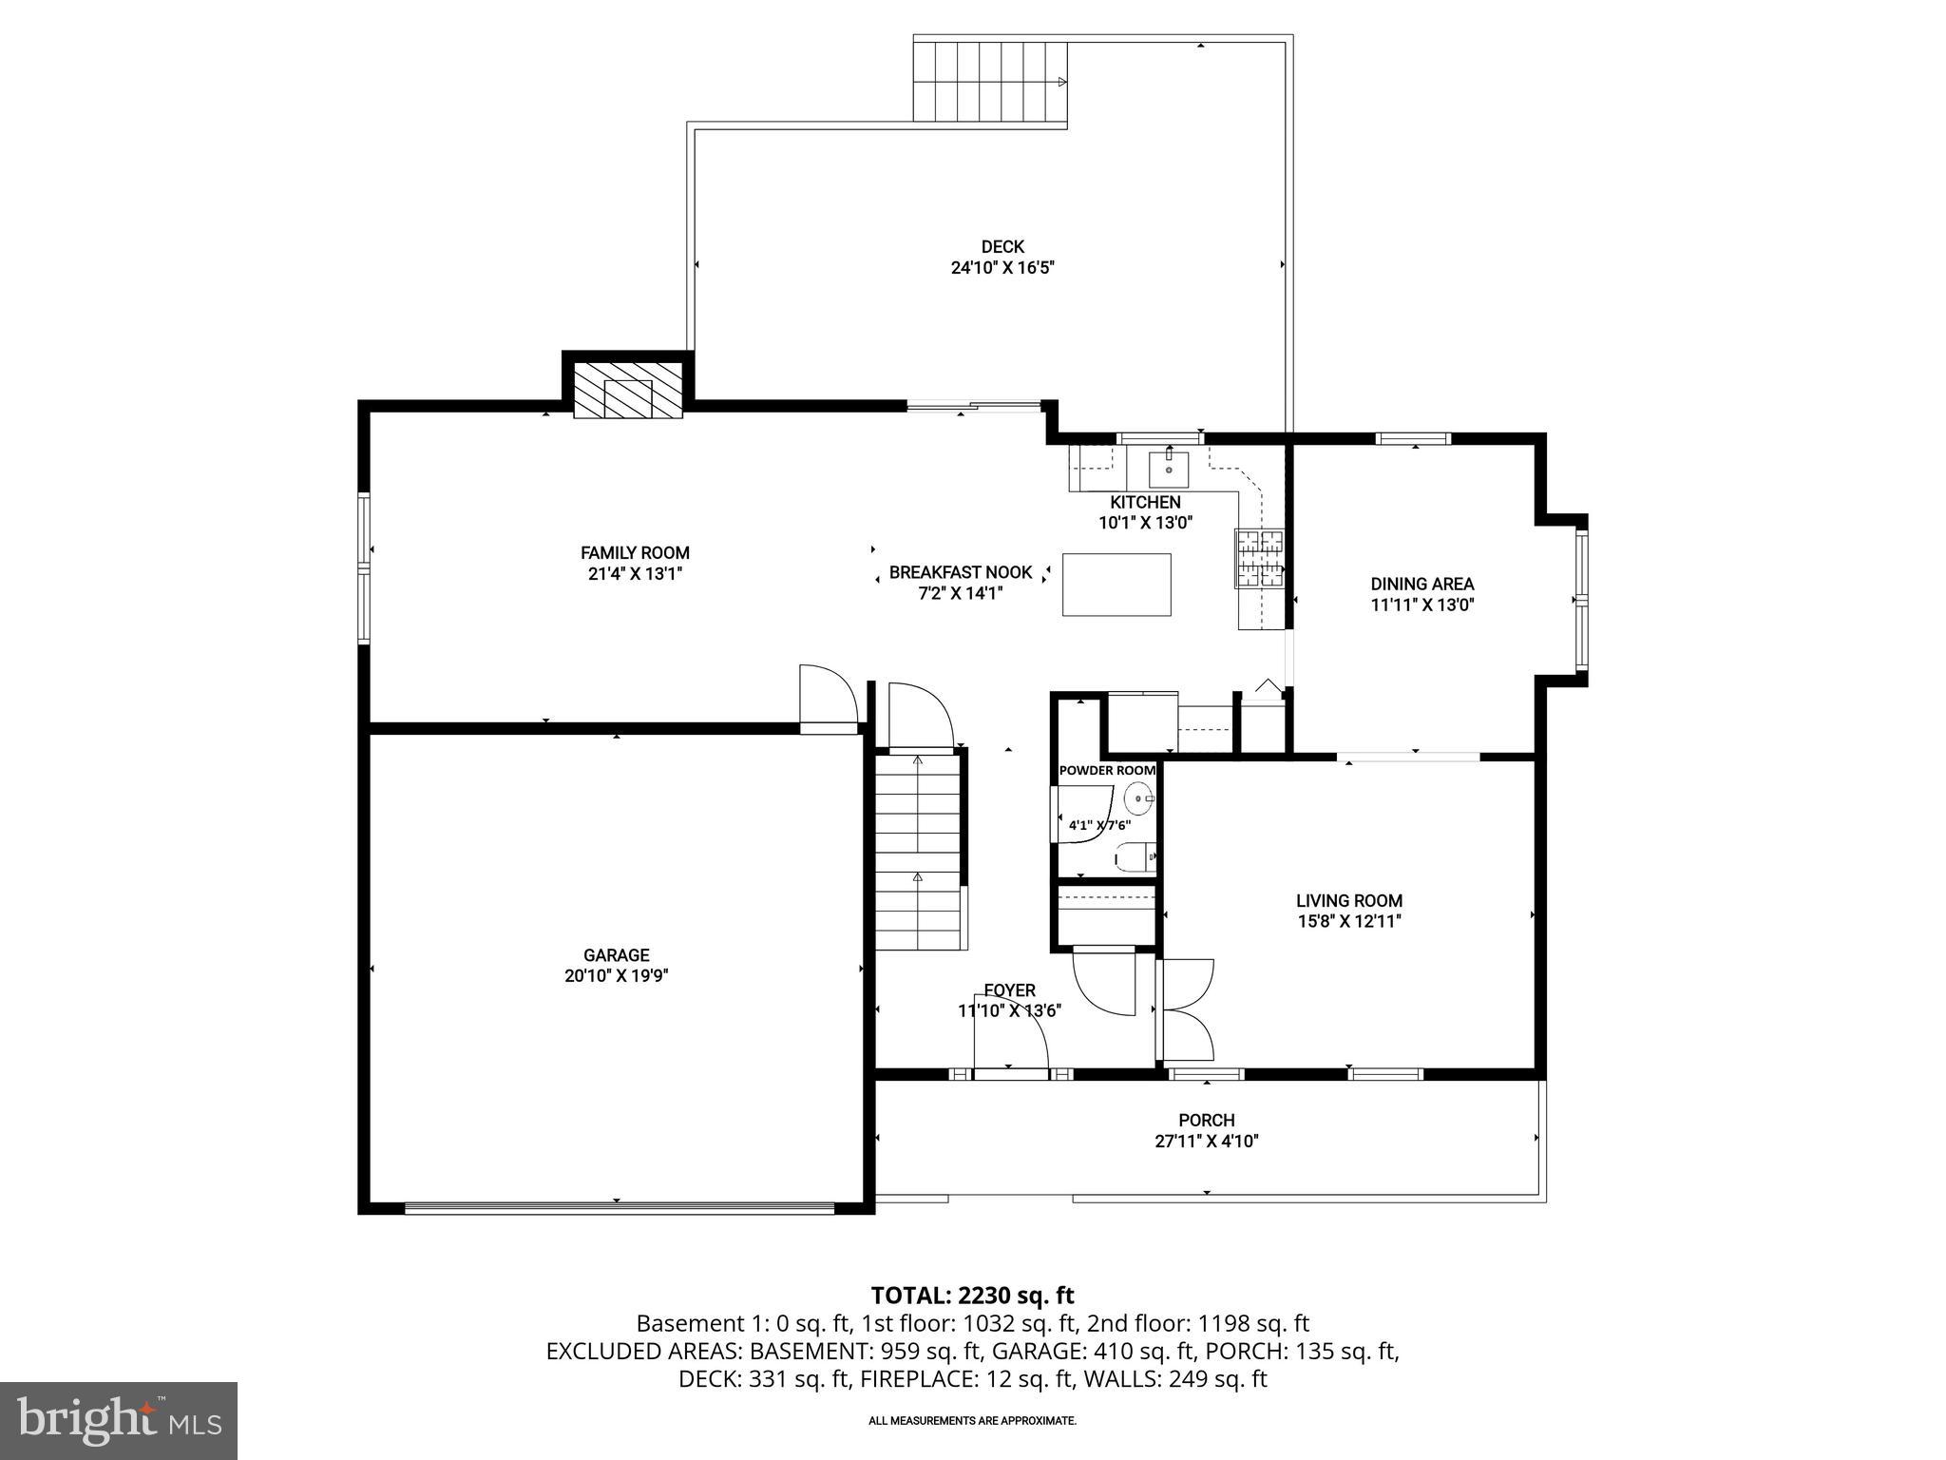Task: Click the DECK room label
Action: [x=1002, y=247]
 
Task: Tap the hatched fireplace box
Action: [x=628, y=390]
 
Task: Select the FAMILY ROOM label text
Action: [x=635, y=553]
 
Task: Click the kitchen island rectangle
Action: [x=1116, y=585]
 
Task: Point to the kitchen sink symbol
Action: [x=1168, y=468]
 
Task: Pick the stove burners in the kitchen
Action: [x=1259, y=557]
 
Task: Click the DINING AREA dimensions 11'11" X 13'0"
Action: [x=1421, y=605]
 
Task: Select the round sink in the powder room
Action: [x=1138, y=797]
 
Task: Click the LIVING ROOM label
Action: [x=1349, y=900]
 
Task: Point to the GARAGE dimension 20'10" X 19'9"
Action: [x=617, y=976]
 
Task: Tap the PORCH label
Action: [x=1207, y=1121]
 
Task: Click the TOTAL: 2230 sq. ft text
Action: [x=972, y=1296]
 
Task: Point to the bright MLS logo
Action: [x=119, y=1420]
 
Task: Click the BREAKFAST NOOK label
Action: [x=960, y=572]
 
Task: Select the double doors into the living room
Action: [x=1186, y=1010]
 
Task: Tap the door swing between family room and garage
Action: [x=828, y=697]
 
